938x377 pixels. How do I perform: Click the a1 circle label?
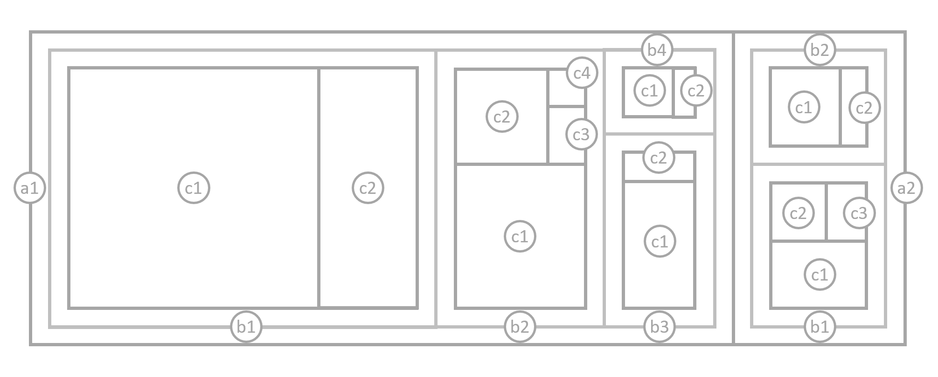pos(30,188)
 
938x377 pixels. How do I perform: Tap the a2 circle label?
pos(906,188)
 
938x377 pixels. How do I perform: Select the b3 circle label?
pos(659,327)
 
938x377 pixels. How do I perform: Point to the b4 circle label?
pos(657,49)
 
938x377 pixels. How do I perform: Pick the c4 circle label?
pos(582,73)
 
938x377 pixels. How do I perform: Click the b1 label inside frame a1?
pos(246,327)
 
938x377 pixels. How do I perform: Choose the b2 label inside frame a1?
pos(520,327)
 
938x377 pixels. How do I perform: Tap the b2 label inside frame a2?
pos(820,49)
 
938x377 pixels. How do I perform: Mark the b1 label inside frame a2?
pos(820,327)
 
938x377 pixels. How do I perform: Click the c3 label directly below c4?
pos(581,135)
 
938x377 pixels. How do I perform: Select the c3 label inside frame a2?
pos(859,213)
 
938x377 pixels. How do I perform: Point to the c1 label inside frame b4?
pos(649,91)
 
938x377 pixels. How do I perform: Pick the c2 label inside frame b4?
pos(696,91)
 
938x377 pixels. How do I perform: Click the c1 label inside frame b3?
pos(660,242)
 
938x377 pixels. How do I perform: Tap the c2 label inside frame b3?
pos(659,158)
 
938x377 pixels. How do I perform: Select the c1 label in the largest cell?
pos(194,188)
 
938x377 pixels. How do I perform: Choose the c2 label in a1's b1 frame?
pos(368,188)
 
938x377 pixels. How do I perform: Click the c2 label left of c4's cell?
pos(502,117)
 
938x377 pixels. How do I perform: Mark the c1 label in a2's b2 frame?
pos(804,108)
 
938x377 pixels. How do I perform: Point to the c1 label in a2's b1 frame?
pos(820,274)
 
